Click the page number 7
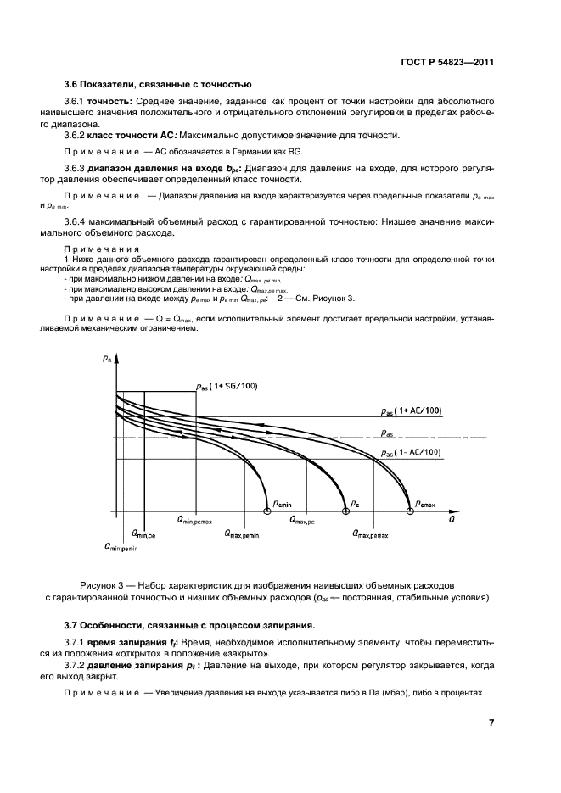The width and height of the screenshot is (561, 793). pyautogui.click(x=491, y=723)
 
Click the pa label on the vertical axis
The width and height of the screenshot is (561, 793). pyautogui.click(x=107, y=360)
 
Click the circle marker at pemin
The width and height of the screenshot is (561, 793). pyautogui.click(x=268, y=511)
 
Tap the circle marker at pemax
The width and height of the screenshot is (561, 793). pyautogui.click(x=411, y=511)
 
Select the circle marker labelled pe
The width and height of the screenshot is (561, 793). pyautogui.click(x=345, y=511)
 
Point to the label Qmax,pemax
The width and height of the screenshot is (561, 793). pyautogui.click(x=371, y=535)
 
